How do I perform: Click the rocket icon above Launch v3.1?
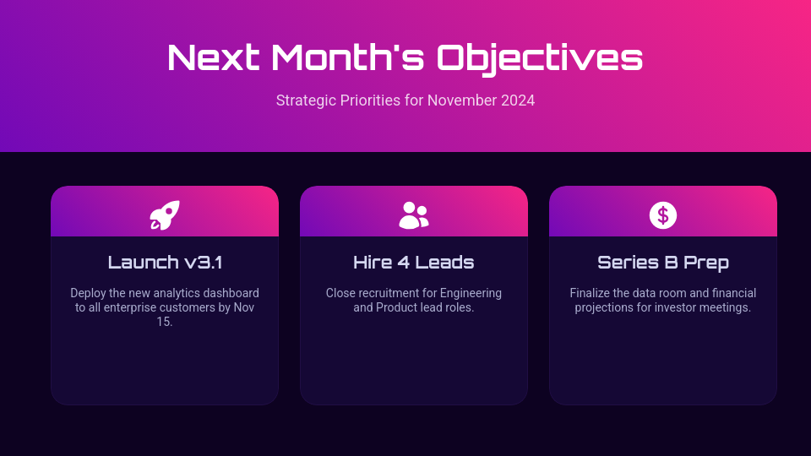tap(165, 215)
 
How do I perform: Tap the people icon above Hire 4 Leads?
tap(414, 215)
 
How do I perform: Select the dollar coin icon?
tap(663, 215)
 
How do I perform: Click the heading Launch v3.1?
tap(165, 263)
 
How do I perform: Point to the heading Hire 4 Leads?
tap(414, 263)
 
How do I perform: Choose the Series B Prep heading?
tap(663, 263)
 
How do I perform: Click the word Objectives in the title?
tap(540, 58)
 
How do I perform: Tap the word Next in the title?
tap(214, 58)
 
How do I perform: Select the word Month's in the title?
tap(348, 58)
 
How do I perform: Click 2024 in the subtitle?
tap(518, 100)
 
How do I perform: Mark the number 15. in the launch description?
tap(165, 322)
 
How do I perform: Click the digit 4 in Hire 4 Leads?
tap(404, 263)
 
